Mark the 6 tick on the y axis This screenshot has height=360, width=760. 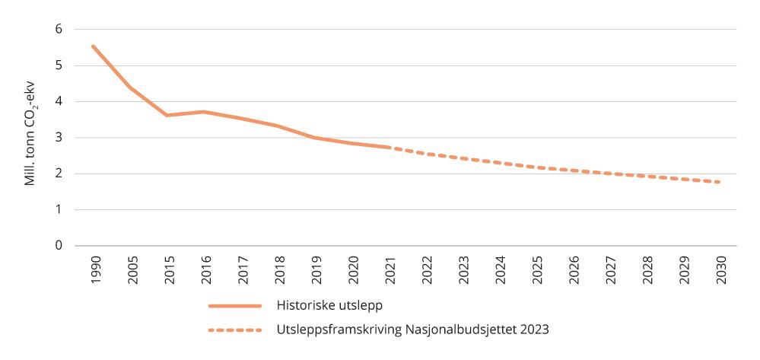pyautogui.click(x=58, y=29)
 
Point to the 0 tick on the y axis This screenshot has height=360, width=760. pyautogui.click(x=58, y=246)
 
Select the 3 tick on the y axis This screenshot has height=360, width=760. pyautogui.click(x=58, y=138)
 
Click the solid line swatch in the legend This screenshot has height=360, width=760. pyautogui.click(x=234, y=306)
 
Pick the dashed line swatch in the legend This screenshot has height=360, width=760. pyautogui.click(x=234, y=330)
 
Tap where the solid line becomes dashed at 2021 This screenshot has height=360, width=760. pyautogui.click(x=390, y=147)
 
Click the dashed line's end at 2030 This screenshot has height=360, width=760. pyautogui.click(x=719, y=182)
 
